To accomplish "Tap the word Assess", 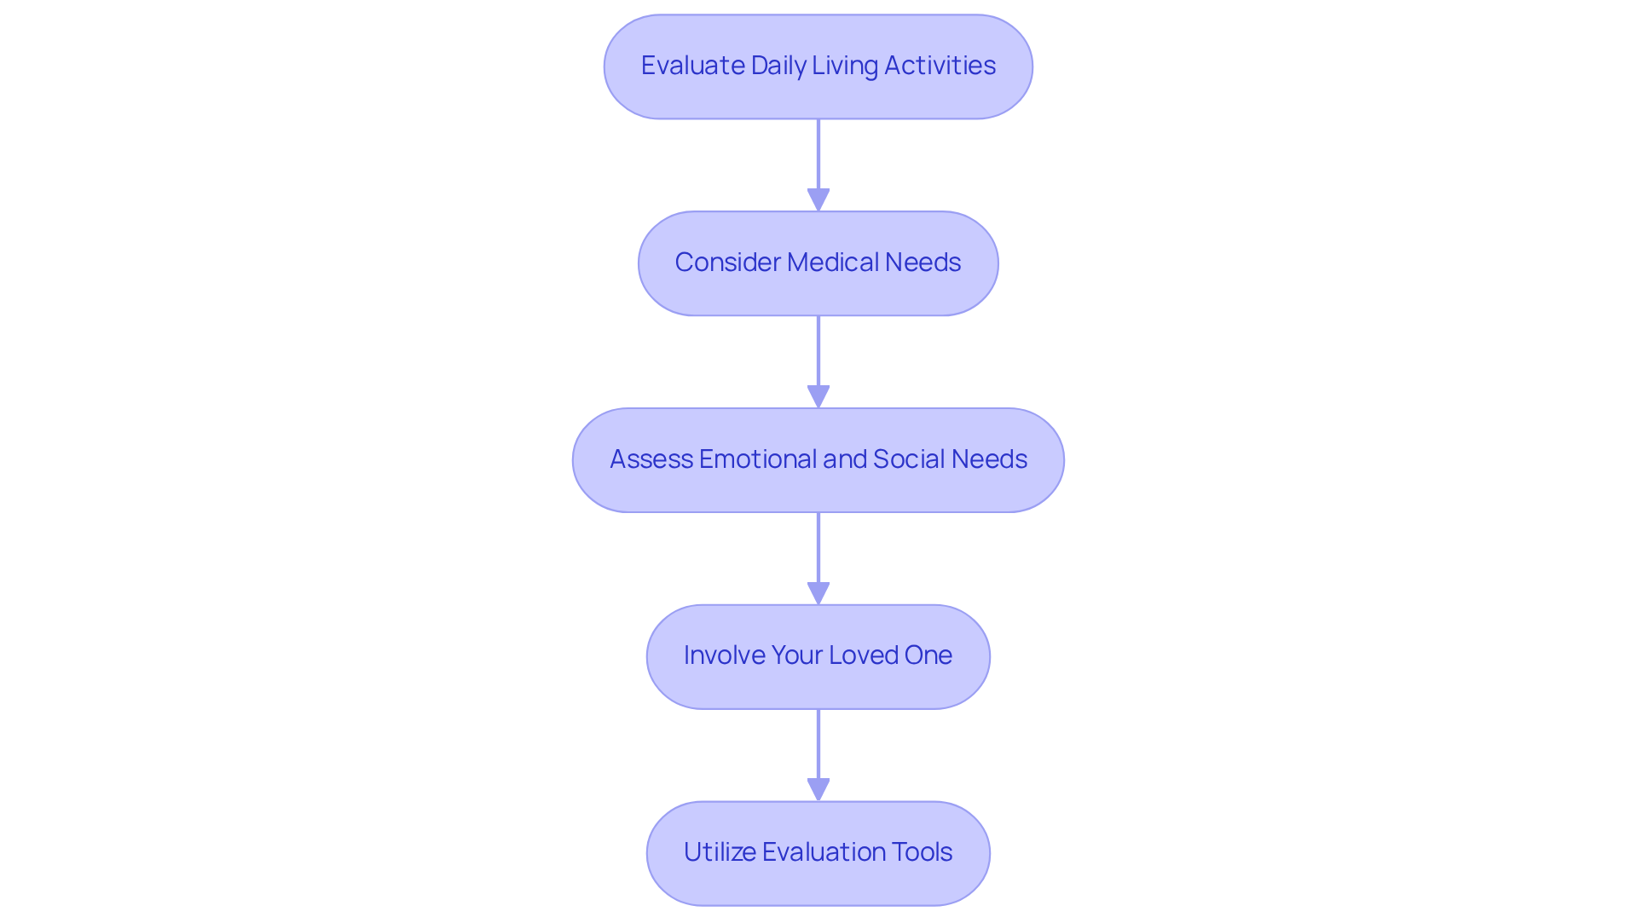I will [651, 459].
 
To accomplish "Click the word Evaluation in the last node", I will [823, 852].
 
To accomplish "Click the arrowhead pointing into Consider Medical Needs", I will [818, 199].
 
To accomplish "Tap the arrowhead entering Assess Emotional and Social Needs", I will [818, 396].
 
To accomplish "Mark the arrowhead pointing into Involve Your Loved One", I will [818, 593].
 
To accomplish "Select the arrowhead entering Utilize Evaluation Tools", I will [818, 789].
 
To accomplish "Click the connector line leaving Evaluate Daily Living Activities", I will [818, 153].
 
